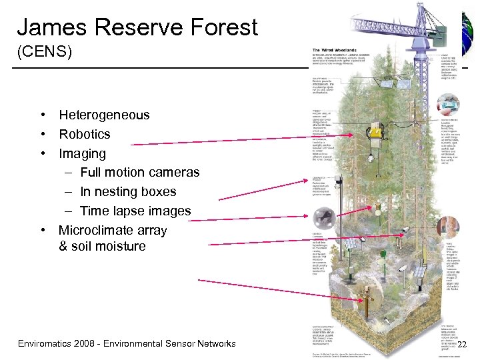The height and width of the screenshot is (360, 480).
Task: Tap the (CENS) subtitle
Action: click(x=44, y=51)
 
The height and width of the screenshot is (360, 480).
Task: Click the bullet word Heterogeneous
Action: click(x=104, y=115)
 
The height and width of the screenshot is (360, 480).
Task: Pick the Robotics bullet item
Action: click(x=85, y=134)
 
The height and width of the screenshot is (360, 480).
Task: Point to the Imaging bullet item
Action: click(x=82, y=153)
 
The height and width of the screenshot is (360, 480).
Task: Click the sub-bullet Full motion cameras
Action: click(x=139, y=172)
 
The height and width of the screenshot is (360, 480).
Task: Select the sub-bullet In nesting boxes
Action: click(x=128, y=191)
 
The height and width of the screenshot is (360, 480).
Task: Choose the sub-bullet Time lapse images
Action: click(x=135, y=211)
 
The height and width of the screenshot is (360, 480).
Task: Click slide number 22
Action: click(x=463, y=343)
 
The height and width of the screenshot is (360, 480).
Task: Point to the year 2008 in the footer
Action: click(x=88, y=343)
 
